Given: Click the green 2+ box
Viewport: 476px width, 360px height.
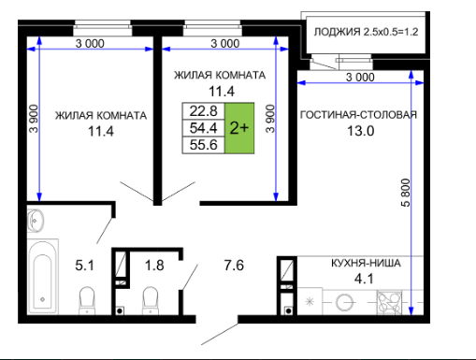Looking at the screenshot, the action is click(x=239, y=128).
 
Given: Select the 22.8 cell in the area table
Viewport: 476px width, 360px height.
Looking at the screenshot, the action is click(x=203, y=111).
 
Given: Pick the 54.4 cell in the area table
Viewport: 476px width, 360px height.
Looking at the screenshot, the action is click(x=203, y=128).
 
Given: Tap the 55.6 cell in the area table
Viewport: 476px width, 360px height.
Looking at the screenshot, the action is click(x=203, y=145).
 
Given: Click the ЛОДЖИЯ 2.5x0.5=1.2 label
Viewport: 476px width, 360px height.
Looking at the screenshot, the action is click(x=366, y=32).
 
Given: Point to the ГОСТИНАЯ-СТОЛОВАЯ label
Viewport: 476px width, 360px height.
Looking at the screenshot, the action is click(x=358, y=115).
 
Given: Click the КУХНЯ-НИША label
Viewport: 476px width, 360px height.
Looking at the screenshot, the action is click(x=366, y=263).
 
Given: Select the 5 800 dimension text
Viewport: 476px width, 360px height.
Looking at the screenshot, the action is click(x=406, y=193).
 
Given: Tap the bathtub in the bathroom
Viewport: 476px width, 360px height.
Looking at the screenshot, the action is click(x=43, y=276).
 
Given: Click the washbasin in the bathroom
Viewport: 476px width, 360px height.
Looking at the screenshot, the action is click(x=36, y=221).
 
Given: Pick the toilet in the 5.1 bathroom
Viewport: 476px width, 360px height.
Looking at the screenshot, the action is click(x=87, y=300).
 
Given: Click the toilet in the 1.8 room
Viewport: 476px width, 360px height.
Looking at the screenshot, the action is click(x=151, y=300).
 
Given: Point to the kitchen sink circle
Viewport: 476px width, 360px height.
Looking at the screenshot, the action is click(x=345, y=302).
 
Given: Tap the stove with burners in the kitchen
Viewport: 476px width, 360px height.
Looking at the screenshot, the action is click(x=389, y=303).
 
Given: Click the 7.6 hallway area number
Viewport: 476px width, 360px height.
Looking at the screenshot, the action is click(x=234, y=266).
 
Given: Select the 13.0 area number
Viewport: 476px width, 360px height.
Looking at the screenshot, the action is click(x=361, y=131).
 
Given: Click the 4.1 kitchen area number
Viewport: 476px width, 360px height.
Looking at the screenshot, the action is click(x=364, y=279).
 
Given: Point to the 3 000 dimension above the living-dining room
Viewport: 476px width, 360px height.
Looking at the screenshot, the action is click(x=360, y=77).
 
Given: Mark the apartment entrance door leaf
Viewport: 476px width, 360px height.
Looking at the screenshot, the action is click(x=220, y=334).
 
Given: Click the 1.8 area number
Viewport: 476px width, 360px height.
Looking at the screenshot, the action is click(x=154, y=266).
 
